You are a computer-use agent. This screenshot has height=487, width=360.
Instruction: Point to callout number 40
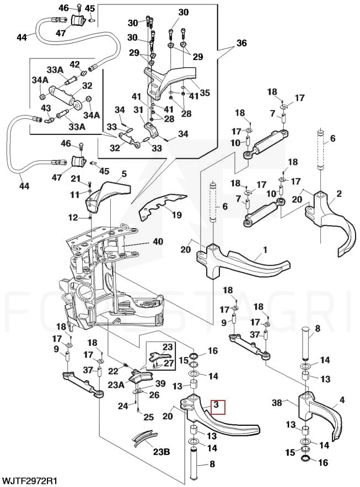pyautogui.click(x=158, y=241)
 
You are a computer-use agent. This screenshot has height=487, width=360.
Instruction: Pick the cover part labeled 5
pyautogui.click(x=108, y=193)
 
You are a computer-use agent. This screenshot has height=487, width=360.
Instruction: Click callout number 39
pyautogui.click(x=160, y=383)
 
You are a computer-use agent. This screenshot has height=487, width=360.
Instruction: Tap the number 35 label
pyautogui.click(x=205, y=93)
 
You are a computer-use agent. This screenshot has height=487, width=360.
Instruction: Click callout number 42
pyautogui.click(x=74, y=64)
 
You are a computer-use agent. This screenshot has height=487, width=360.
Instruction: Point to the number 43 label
pyautogui.click(x=46, y=107)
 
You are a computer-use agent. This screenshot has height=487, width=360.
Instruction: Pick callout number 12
pyautogui.click(x=73, y=218)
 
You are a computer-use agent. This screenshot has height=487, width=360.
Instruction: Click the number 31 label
pyautogui.click(x=138, y=110)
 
